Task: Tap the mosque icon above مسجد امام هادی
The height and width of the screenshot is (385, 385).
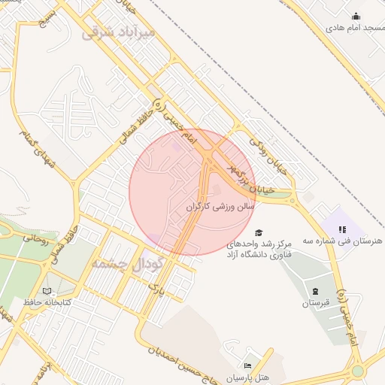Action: pos(356,17)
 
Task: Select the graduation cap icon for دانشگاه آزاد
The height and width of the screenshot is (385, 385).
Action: pos(259,234)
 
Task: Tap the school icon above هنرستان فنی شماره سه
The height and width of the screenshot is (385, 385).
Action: pos(341,229)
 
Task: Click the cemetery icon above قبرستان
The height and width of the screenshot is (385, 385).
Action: pos(315,291)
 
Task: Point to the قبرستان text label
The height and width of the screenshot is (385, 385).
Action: pos(317,303)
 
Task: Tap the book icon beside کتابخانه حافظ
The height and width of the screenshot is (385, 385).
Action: pos(47,290)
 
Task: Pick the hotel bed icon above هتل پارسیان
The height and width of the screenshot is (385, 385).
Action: pos(248,365)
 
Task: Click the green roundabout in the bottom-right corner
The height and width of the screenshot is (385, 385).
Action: pos(358,371)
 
